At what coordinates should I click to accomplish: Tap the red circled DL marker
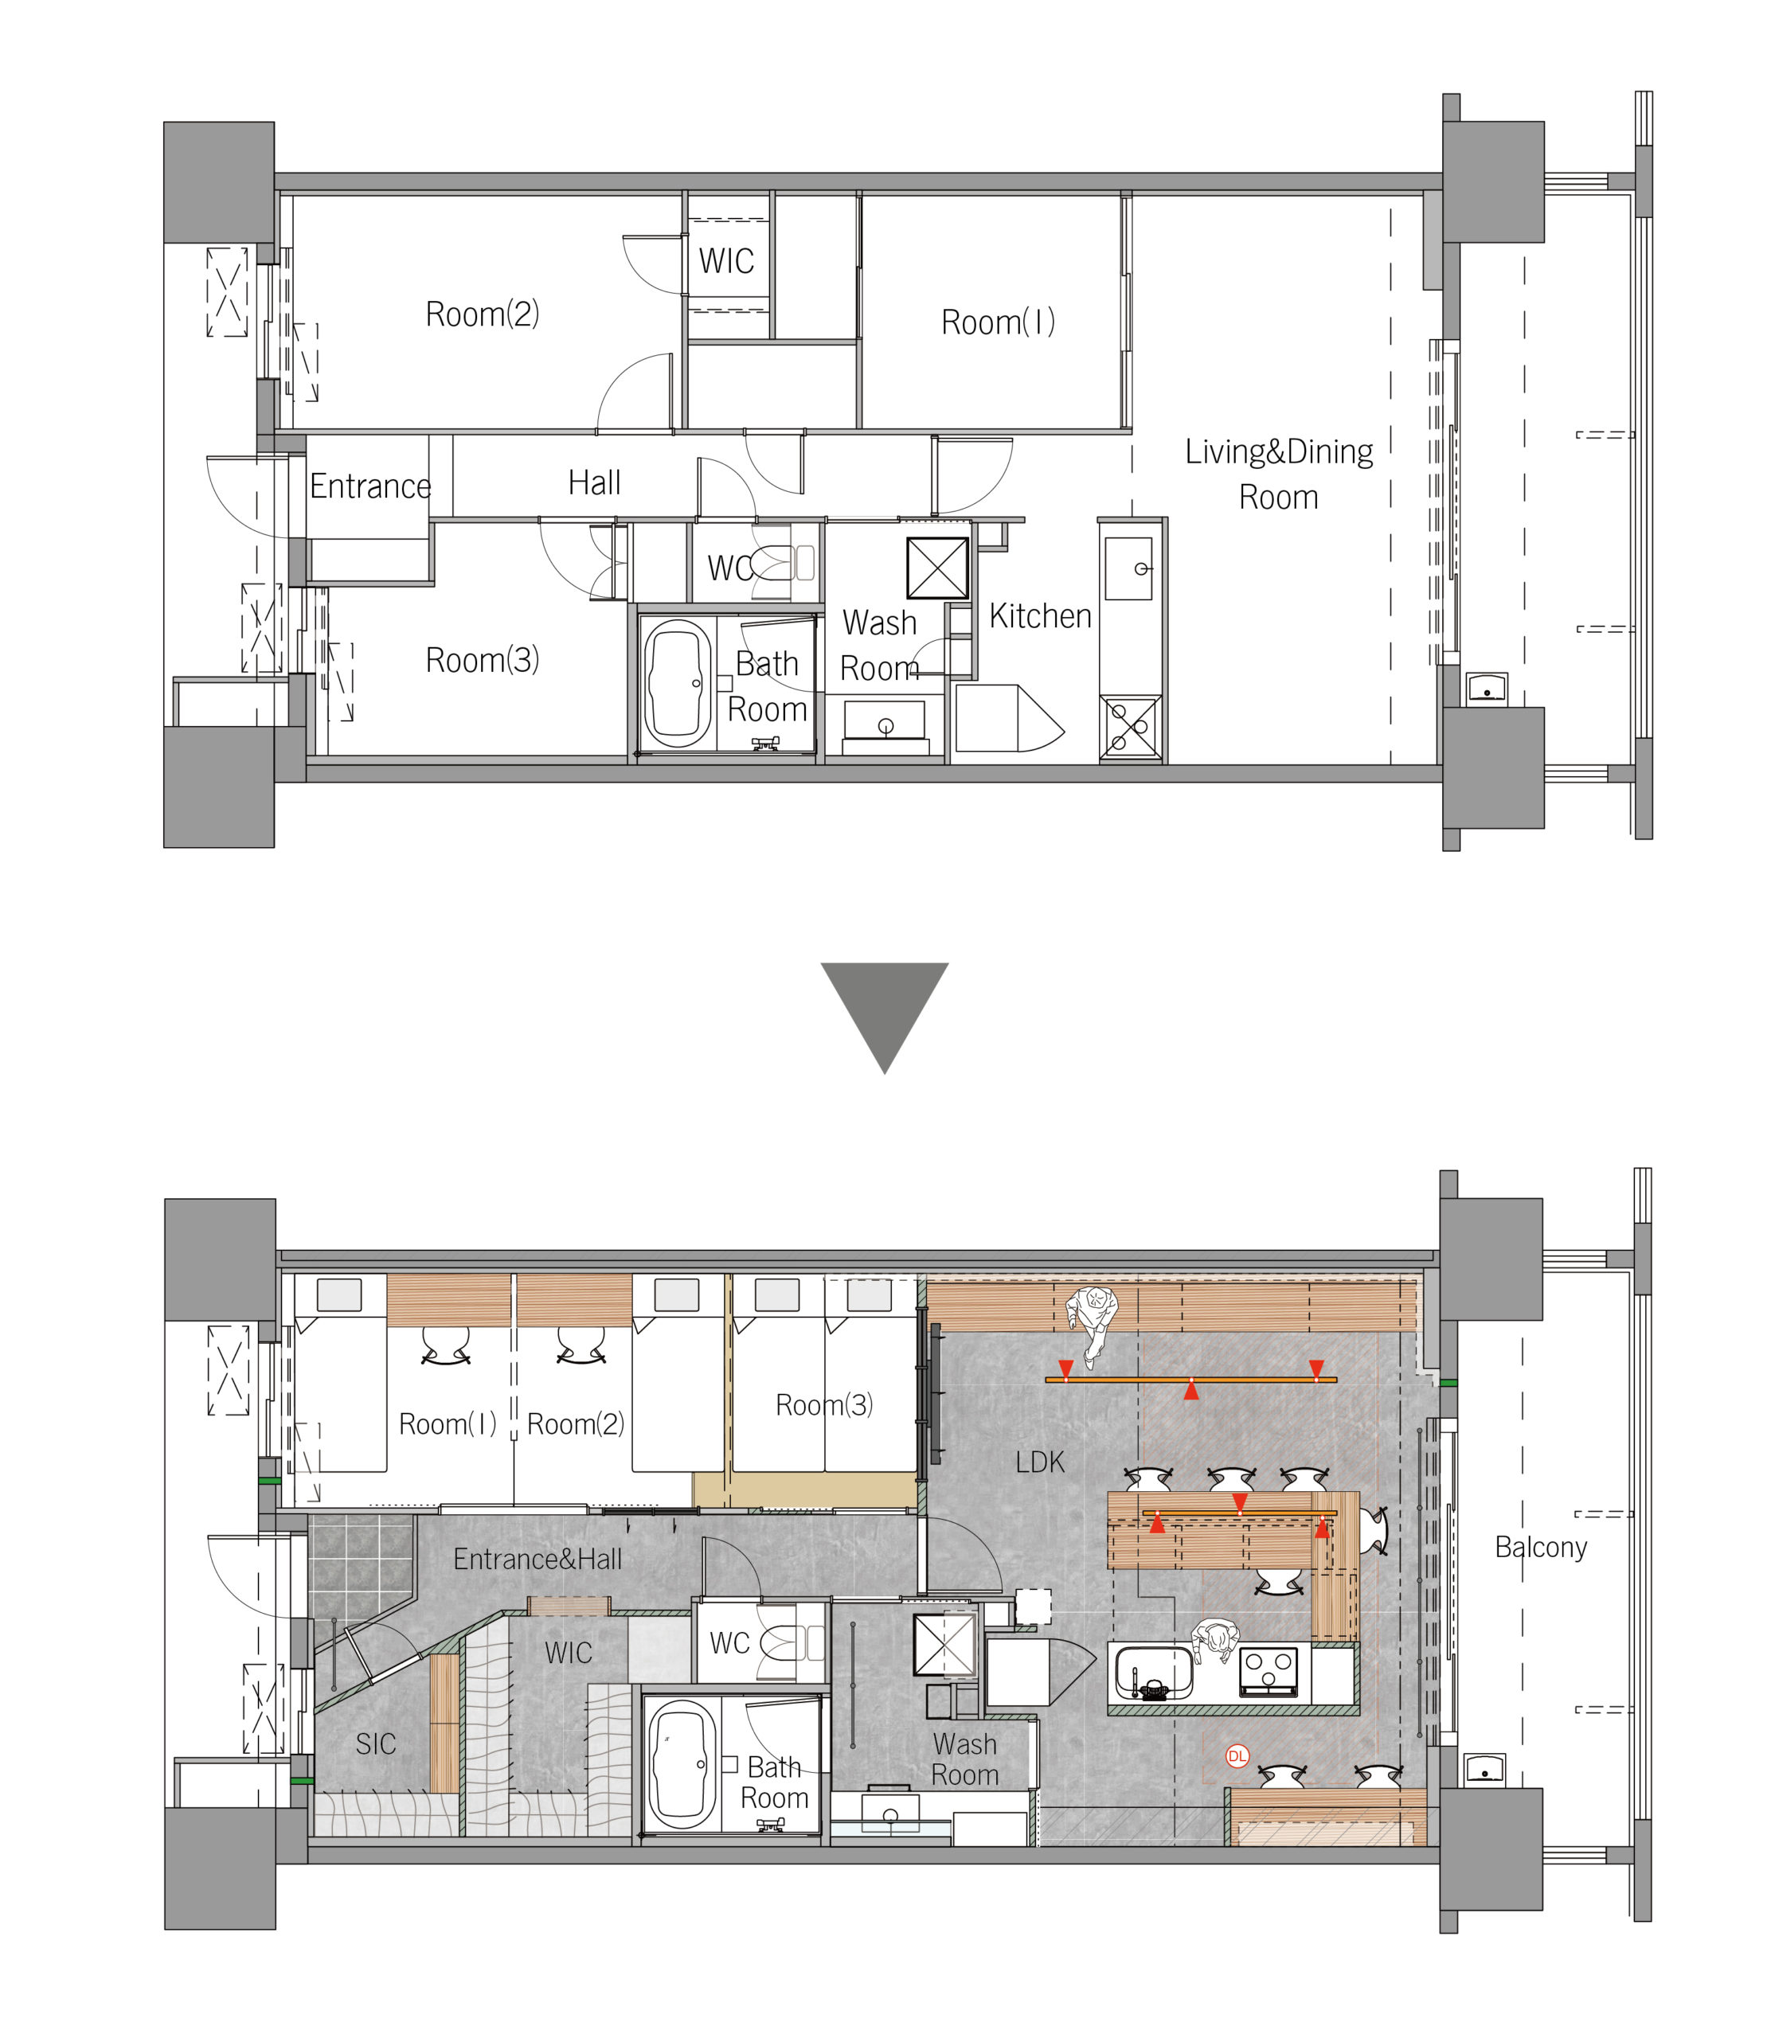(x=1237, y=1755)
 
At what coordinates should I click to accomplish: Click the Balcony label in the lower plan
(x=1540, y=1547)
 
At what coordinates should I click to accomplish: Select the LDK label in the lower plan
(x=1040, y=1461)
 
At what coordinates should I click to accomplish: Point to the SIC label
(x=376, y=1744)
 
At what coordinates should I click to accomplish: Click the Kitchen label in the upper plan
(x=1040, y=616)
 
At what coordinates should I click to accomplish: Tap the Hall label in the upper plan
(x=595, y=482)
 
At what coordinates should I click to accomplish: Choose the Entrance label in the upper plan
(x=371, y=486)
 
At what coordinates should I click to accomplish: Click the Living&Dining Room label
(x=1279, y=474)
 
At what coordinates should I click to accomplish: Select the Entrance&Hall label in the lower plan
(x=538, y=1558)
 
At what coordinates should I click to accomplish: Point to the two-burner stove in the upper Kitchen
(x=1130, y=727)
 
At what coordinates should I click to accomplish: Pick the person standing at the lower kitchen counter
(x=1216, y=1641)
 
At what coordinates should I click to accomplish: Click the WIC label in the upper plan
(x=727, y=260)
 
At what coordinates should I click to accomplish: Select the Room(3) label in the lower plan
(x=824, y=1404)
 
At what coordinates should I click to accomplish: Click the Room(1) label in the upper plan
(x=998, y=322)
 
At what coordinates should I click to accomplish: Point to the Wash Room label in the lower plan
(x=964, y=1759)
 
